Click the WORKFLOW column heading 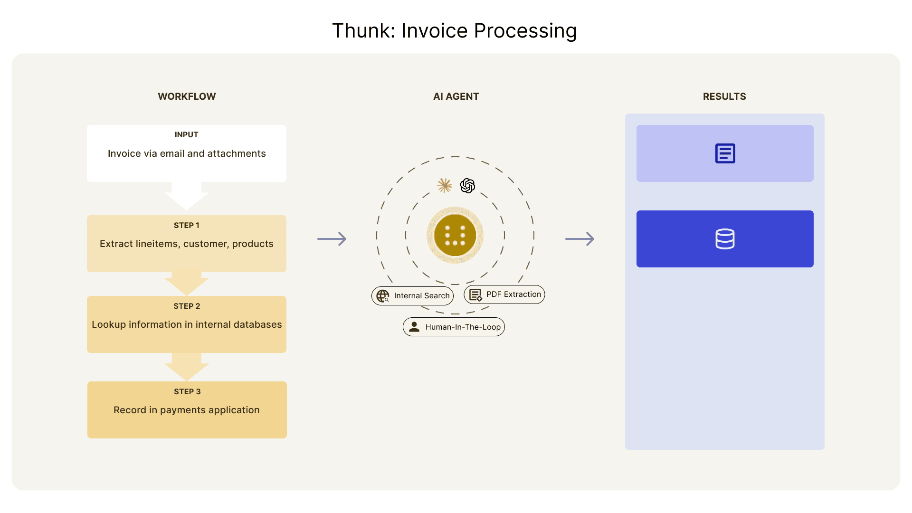click(187, 96)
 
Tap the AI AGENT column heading click(456, 96)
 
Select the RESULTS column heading click(724, 96)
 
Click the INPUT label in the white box click(187, 135)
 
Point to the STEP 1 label click(187, 225)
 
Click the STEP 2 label click(187, 306)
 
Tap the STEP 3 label click(187, 391)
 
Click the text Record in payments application click(187, 410)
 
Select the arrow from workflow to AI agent click(332, 238)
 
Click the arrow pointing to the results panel click(580, 238)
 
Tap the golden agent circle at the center click(455, 235)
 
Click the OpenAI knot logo click(467, 185)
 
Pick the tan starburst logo click(445, 185)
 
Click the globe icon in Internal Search click(383, 296)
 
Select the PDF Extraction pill click(504, 294)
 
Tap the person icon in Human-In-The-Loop click(414, 327)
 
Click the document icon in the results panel click(725, 153)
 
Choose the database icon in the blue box click(725, 239)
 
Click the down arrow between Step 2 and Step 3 click(187, 367)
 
